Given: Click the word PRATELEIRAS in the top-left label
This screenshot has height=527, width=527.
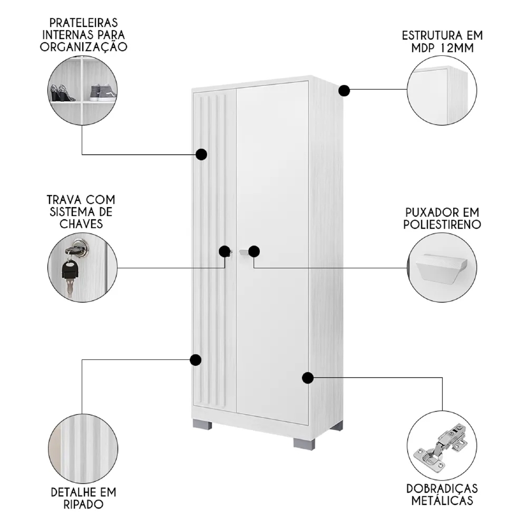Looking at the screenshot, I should (x=83, y=23).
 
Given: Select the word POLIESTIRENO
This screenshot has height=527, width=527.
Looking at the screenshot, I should (x=443, y=225).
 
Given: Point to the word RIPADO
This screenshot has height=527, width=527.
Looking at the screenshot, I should (x=83, y=504).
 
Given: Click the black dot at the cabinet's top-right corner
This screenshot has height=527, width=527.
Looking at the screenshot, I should (x=344, y=91).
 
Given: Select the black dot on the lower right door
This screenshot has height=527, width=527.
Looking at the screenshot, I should (x=308, y=377).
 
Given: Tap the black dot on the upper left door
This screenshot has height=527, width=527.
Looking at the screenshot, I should (x=201, y=154).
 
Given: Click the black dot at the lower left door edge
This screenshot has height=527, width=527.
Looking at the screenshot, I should (x=195, y=360).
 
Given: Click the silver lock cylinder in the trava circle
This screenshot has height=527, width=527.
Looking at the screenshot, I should (x=80, y=246).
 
